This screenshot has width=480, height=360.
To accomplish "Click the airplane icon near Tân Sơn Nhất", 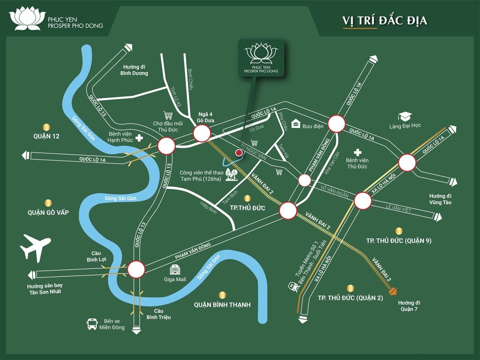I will tap(35, 247).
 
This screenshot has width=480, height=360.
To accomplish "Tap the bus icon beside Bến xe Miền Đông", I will tap(92, 324).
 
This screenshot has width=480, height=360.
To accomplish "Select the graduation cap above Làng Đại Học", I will tap(405, 117).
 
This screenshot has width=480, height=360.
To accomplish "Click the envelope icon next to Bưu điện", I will tap(295, 123).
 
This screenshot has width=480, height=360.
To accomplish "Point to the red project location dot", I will tap(238, 153).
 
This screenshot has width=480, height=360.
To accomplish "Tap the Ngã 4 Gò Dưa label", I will tap(205, 117).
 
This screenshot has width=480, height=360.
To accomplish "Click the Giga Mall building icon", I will tap(175, 269).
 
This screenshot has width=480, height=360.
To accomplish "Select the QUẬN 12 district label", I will tap(46, 136).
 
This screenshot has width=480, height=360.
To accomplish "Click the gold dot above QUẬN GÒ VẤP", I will tap(48, 203).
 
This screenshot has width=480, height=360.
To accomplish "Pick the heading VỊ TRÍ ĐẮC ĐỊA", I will tap(384, 20).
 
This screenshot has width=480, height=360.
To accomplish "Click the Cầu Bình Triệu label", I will tap(158, 314).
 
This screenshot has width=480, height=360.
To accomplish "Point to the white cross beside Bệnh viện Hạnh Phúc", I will tap(139, 138).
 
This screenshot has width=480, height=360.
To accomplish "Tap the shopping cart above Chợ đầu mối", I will tap(168, 115).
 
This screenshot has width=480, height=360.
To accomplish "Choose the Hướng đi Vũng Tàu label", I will tap(440, 199).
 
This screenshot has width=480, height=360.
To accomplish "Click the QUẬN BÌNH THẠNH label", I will tap(222, 305).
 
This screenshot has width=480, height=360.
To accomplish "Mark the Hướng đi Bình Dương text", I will tap(134, 70).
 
